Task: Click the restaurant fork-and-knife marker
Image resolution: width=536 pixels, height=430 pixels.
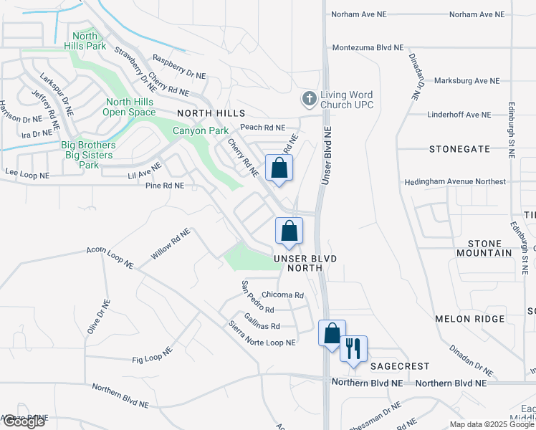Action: [x=353, y=349]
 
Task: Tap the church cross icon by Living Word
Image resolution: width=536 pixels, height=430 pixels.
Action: [x=309, y=97]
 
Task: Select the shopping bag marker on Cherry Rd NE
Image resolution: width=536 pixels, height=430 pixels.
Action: [x=279, y=168]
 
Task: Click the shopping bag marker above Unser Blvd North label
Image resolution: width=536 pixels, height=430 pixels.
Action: [x=289, y=231]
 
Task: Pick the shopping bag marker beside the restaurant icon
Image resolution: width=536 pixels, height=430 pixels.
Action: [x=332, y=333]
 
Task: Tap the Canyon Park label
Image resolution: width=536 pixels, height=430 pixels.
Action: [x=201, y=130]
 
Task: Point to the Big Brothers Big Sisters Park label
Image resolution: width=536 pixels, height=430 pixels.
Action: [x=87, y=155]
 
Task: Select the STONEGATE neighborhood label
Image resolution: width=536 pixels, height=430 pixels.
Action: [x=459, y=149]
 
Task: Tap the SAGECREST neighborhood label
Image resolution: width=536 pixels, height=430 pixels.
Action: [x=398, y=365]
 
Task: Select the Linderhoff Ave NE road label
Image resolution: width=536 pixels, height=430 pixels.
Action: [x=459, y=115]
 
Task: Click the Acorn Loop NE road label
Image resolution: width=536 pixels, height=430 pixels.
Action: [x=110, y=258]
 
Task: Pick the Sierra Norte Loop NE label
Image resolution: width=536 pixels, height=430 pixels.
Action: [x=261, y=333]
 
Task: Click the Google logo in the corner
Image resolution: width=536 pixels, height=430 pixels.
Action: [x=24, y=421]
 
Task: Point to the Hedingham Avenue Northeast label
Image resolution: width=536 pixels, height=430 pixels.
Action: [x=454, y=182]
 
